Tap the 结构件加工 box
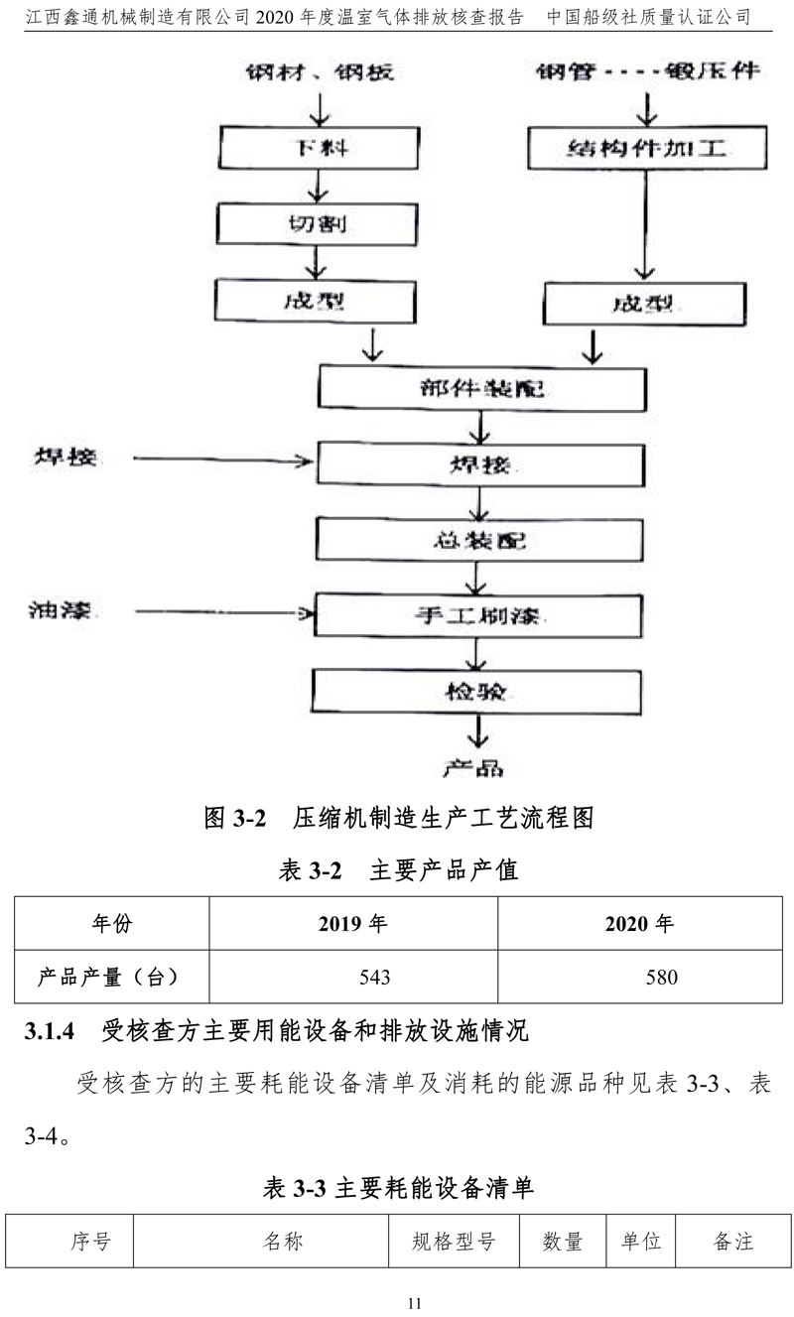point(647,150)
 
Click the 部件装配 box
point(479,388)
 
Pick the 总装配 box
point(479,541)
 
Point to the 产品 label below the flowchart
point(473,767)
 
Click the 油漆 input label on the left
point(60,609)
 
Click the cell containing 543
point(353,978)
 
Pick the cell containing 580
point(640,978)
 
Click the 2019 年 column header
point(353,923)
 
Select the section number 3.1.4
point(50,1032)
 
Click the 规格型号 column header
point(454,1242)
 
